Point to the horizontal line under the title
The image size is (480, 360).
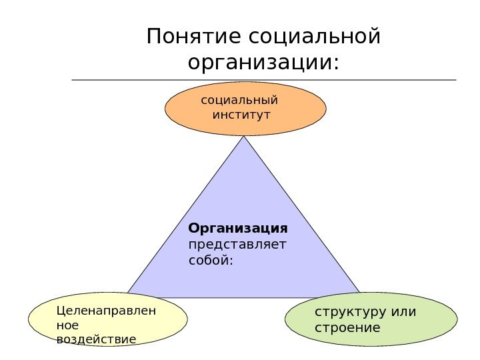(263, 80)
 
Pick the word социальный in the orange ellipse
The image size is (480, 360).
(239, 101)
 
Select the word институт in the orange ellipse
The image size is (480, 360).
(241, 115)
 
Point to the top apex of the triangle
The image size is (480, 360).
(245, 138)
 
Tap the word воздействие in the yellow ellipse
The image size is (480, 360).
(97, 339)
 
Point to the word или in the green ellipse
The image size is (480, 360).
(399, 312)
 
